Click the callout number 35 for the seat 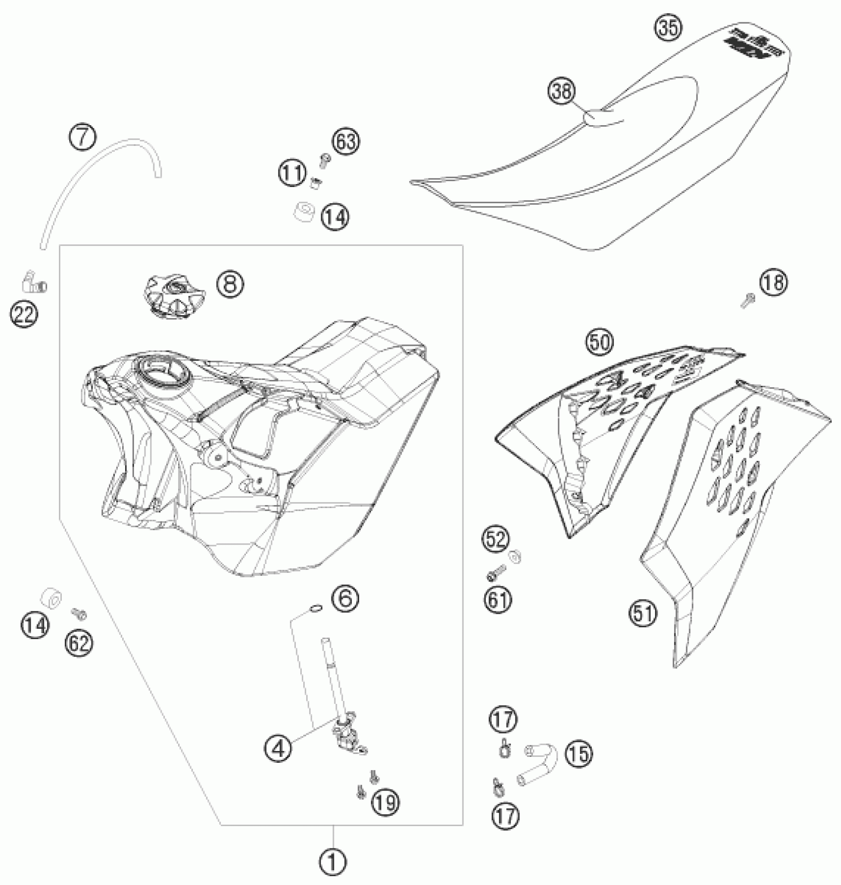(667, 27)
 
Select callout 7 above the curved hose (82, 137)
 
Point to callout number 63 (346, 142)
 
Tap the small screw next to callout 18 (748, 299)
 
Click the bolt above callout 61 (496, 573)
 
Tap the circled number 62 (79, 643)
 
